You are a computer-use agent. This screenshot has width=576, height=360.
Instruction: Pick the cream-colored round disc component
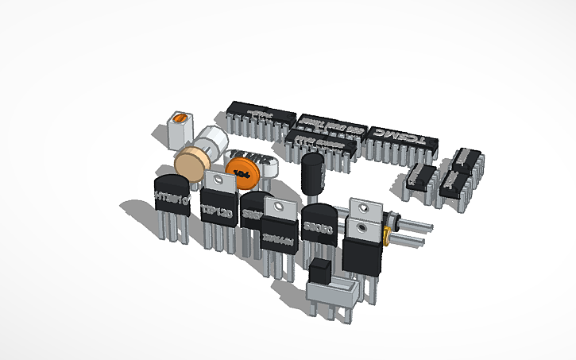pos(191,163)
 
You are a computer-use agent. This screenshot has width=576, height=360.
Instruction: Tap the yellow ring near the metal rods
pos(386,234)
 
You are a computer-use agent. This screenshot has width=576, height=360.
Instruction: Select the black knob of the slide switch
pos(321,270)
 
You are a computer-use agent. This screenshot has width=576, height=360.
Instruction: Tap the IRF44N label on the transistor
pos(279,236)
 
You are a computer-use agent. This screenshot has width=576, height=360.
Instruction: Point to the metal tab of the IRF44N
pos(280,209)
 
